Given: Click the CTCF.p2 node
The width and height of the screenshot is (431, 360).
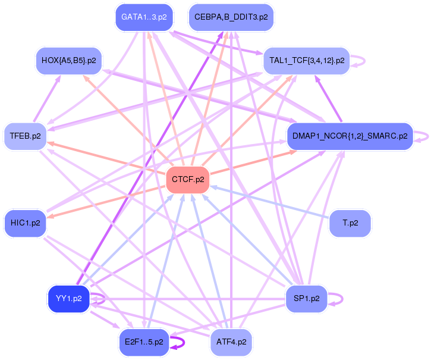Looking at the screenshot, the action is [188, 180].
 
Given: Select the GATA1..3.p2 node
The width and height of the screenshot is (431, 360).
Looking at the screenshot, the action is [144, 17].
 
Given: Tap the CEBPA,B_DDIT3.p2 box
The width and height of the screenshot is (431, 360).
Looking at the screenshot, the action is [231, 17].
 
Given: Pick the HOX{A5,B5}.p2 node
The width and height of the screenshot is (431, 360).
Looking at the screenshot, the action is [69, 61].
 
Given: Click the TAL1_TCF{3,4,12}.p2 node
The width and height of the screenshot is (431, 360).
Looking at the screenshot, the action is [307, 61].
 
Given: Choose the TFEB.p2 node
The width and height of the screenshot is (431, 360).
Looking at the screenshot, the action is [26, 136].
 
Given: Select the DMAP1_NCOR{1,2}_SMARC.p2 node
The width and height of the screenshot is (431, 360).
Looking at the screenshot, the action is [350, 136].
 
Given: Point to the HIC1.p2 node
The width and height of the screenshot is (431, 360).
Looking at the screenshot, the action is [26, 223].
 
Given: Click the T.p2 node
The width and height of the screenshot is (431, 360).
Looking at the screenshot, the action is [350, 223].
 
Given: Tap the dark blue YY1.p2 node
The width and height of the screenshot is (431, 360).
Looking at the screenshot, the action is [69, 299].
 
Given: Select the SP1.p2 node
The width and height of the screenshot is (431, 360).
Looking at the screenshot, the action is [307, 299].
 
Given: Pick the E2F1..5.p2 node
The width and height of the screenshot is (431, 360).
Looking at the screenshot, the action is [144, 342].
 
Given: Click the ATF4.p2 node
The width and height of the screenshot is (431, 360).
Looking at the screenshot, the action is [231, 342].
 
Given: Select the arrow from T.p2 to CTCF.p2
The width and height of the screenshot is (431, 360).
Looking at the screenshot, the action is [269, 202].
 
